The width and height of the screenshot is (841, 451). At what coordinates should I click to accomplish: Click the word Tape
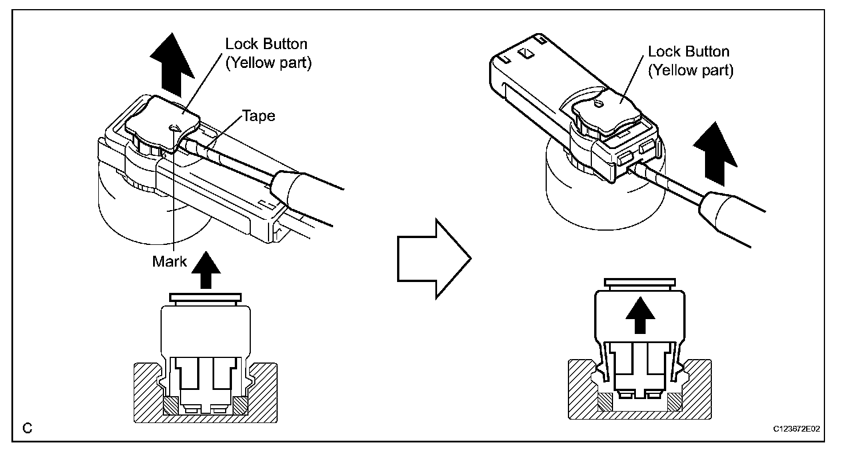click(x=259, y=116)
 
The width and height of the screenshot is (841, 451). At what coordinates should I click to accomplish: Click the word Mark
click(x=169, y=261)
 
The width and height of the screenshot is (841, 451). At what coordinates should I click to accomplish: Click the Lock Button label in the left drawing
click(x=266, y=44)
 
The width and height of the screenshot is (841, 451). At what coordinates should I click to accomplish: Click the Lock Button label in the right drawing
click(x=688, y=51)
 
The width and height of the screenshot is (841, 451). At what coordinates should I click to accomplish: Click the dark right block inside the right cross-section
click(x=675, y=401)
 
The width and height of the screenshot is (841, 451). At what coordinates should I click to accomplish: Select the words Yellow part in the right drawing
click(x=691, y=70)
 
